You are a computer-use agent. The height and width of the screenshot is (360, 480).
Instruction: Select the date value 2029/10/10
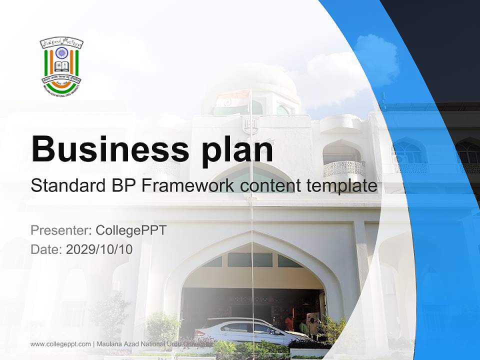point(99,249)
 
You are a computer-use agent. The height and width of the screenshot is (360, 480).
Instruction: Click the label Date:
point(46,249)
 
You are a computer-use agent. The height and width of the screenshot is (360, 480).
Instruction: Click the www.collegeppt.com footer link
point(60,344)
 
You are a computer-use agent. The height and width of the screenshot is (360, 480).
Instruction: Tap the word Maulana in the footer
point(110,344)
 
